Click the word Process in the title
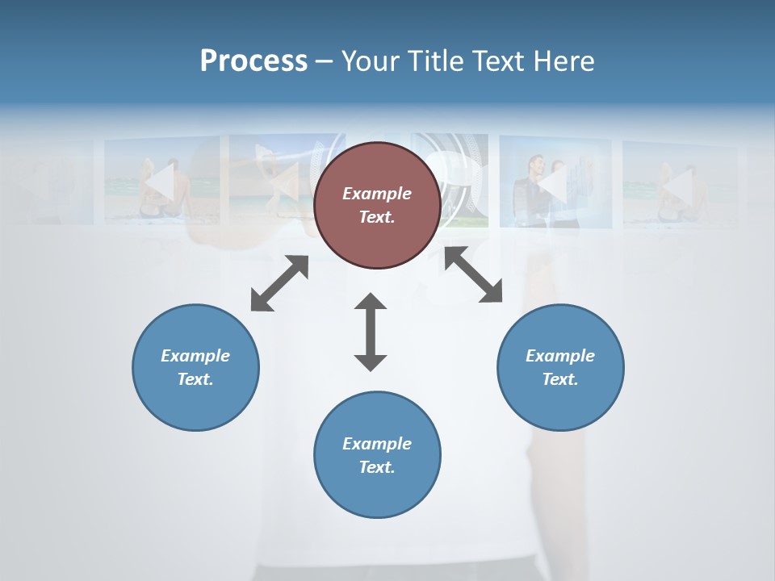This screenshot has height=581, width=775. (253, 61)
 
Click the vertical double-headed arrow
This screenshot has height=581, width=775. (371, 332)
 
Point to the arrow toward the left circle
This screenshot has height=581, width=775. (279, 283)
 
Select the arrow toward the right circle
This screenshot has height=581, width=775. (473, 274)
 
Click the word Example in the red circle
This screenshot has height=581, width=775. (377, 194)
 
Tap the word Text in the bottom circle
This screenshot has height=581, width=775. (377, 467)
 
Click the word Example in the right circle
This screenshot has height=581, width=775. (560, 356)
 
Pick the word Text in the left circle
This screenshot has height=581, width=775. (195, 379)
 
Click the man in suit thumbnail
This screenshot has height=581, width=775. (554, 182)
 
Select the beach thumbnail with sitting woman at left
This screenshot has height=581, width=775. (161, 182)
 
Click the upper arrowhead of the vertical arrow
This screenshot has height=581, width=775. (371, 303)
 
